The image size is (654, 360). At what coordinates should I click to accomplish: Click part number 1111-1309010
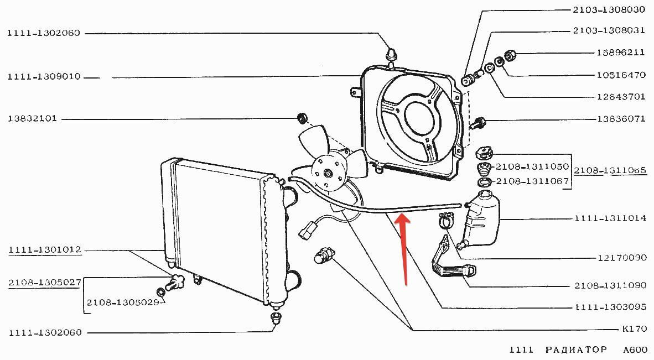point(44,77)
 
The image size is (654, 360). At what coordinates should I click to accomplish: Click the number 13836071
point(621,119)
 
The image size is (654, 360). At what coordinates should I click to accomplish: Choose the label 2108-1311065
point(610,171)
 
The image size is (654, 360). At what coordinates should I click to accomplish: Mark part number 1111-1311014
point(610,218)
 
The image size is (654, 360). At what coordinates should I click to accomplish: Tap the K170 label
point(634,329)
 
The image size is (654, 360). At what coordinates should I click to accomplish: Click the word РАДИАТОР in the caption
point(575,350)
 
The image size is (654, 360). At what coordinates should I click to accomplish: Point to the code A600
point(635,350)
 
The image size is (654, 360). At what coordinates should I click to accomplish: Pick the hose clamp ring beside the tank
point(445,222)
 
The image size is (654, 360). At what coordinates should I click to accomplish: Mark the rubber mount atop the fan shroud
point(392,54)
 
